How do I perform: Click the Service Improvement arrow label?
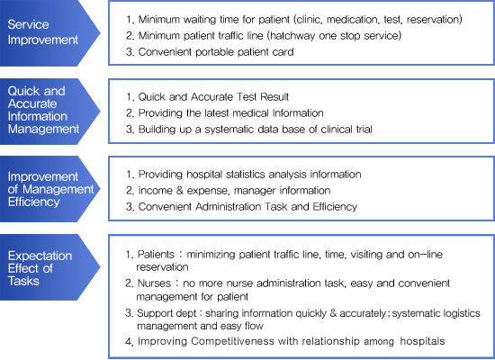43,32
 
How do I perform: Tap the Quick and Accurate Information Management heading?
43,110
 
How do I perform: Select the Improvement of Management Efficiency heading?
50,189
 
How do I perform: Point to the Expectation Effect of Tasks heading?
40,268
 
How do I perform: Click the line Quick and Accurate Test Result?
213,96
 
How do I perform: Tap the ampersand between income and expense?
180,191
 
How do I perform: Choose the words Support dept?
166,313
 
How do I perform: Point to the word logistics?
462,313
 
